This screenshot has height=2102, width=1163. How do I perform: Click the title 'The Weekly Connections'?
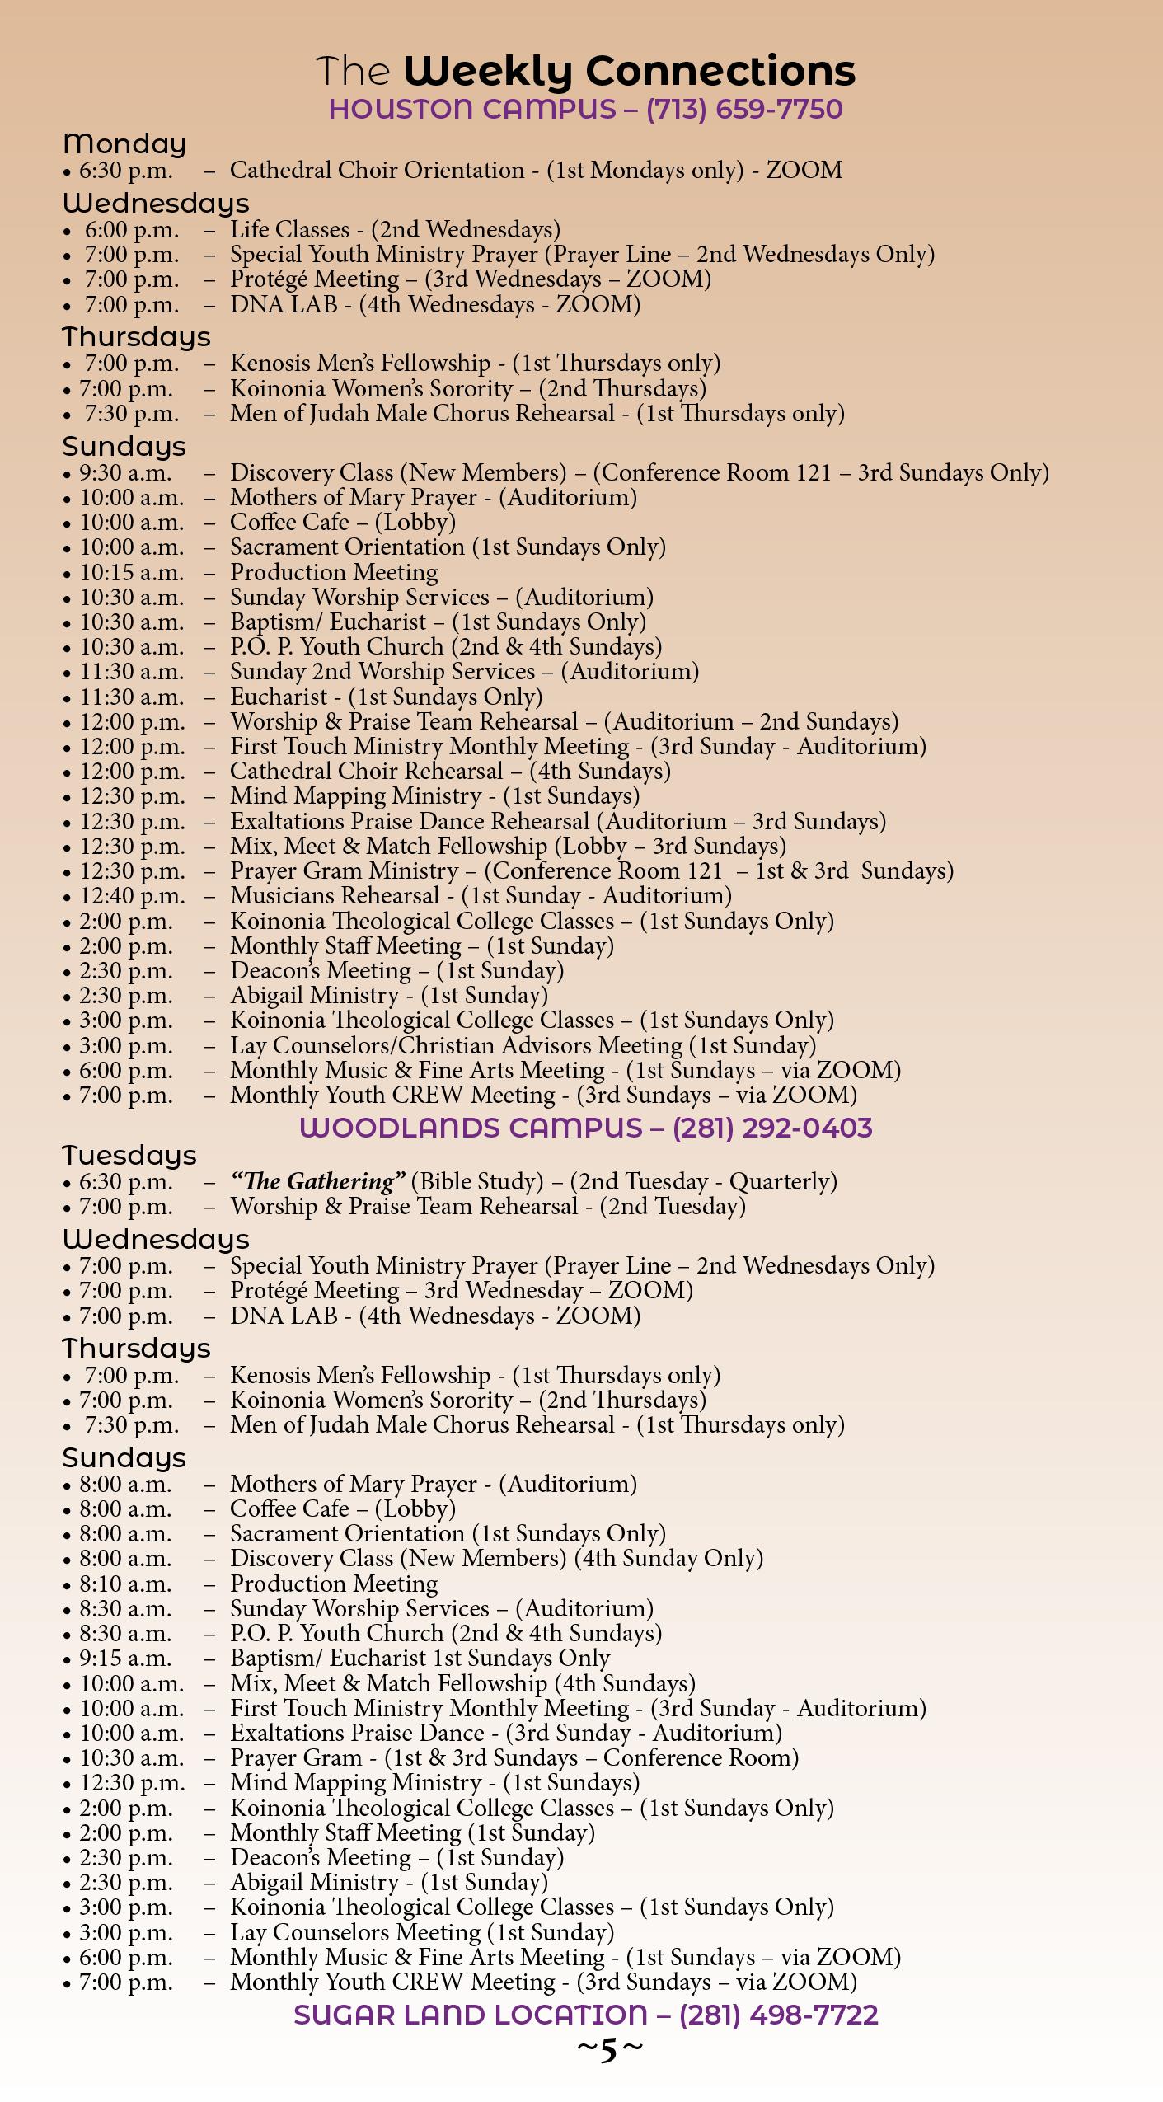pos(586,72)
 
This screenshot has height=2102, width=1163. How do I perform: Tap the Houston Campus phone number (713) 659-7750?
pos(743,110)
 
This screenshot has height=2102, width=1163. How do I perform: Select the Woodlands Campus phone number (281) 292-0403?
pos(771,1128)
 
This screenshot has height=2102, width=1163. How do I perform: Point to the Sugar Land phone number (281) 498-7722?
pos(778,2015)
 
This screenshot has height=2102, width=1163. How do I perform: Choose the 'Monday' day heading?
pos(124,144)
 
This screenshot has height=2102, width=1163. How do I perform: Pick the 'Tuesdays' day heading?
pos(129,1156)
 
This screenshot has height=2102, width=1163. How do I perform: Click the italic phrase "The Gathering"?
pos(318,1182)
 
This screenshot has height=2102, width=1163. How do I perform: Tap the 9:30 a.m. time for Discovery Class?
pos(125,473)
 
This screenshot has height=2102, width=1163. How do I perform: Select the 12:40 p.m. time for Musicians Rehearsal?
pos(132,896)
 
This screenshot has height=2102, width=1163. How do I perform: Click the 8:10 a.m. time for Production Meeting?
pos(125,1584)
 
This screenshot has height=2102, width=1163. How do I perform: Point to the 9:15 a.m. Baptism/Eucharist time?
pos(125,1659)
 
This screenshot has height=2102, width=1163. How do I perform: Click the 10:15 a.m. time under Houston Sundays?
pos(132,573)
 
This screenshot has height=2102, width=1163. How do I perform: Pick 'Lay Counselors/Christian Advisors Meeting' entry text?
pos(456,1046)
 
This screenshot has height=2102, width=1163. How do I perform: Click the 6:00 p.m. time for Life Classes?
pos(132,230)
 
